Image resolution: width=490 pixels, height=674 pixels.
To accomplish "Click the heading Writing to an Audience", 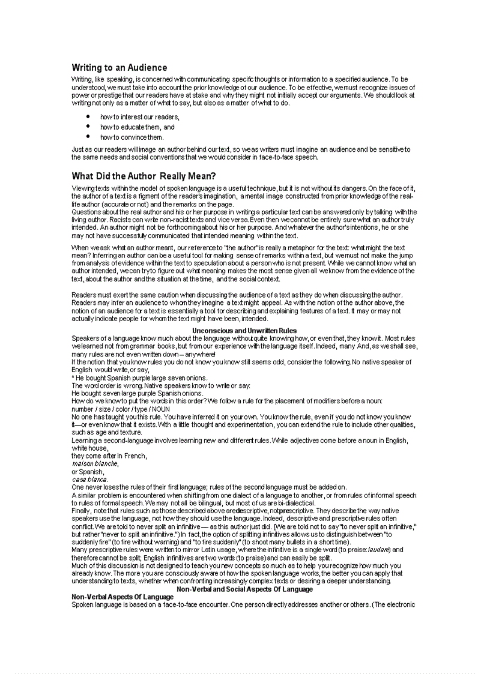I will click(x=119, y=68).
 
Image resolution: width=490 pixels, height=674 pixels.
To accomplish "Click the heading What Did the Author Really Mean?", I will click(x=144, y=176).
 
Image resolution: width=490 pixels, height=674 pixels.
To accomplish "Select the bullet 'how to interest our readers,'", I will click(x=139, y=117).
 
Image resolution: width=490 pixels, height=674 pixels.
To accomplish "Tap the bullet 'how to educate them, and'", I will click(x=137, y=127).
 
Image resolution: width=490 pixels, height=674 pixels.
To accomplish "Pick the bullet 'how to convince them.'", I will click(x=132, y=137).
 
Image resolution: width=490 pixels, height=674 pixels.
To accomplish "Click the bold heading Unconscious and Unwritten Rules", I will click(x=244, y=331).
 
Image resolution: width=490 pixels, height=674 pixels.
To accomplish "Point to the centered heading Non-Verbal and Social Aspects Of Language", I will click(x=244, y=589).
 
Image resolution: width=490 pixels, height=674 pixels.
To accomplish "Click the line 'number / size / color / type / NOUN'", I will click(x=121, y=409).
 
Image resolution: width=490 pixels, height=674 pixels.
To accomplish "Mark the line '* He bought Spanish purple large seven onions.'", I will click(x=139, y=378).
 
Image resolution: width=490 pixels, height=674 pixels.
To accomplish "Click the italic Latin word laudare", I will click(x=378, y=550).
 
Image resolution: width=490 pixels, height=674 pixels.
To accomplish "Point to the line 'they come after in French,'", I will click(x=109, y=456).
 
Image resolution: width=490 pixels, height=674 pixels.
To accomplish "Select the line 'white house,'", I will click(x=89, y=448).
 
